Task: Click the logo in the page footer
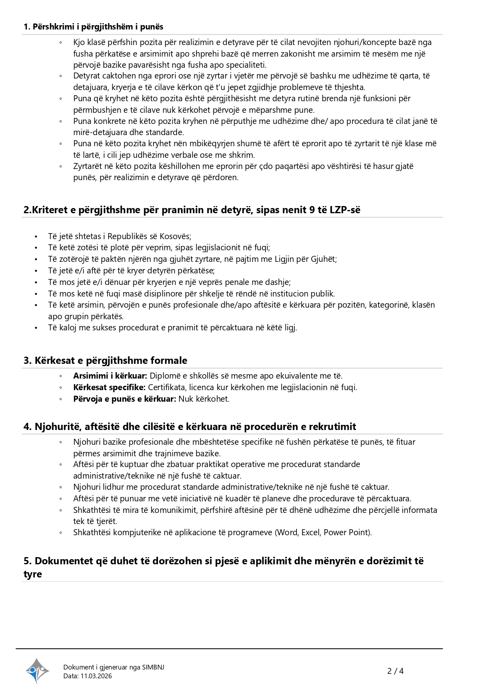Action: click(37, 671)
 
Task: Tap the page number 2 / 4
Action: click(395, 671)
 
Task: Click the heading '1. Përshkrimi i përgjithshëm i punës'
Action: click(94, 27)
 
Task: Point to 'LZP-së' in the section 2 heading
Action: click(345, 210)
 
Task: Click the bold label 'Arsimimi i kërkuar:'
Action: click(110, 376)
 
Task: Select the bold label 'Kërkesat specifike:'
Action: click(109, 387)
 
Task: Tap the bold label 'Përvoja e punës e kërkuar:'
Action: click(125, 399)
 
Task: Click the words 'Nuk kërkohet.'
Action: click(204, 399)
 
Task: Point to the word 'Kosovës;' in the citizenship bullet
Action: click(176, 236)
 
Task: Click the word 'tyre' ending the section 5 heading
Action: click(33, 574)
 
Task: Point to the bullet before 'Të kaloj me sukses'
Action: click(36, 328)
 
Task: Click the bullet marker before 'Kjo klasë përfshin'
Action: click(61, 43)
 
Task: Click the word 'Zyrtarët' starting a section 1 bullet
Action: click(88, 166)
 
